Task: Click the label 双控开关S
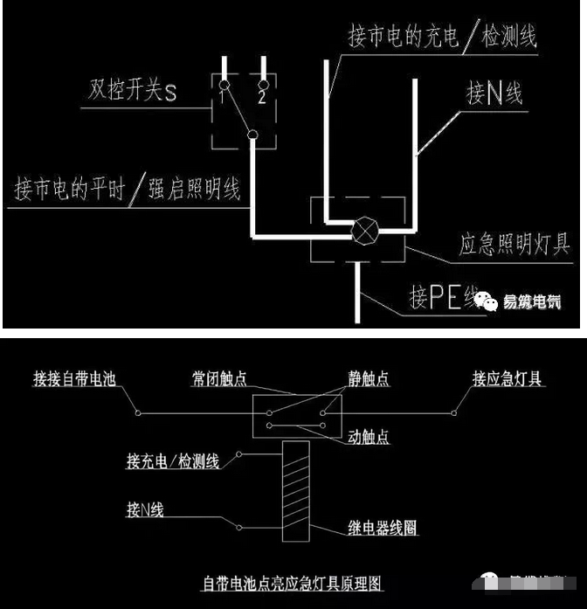pos(131,91)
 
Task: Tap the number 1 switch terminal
pos(224,85)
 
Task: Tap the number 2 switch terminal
pos(261,85)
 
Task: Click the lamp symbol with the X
pos(363,232)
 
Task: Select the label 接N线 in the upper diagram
pos(494,93)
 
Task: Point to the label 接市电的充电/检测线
pos(441,38)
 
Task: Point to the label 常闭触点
pos(219,378)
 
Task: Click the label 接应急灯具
pos(508,378)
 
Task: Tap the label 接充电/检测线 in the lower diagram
pos(172,460)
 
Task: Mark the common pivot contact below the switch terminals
pos(252,135)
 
